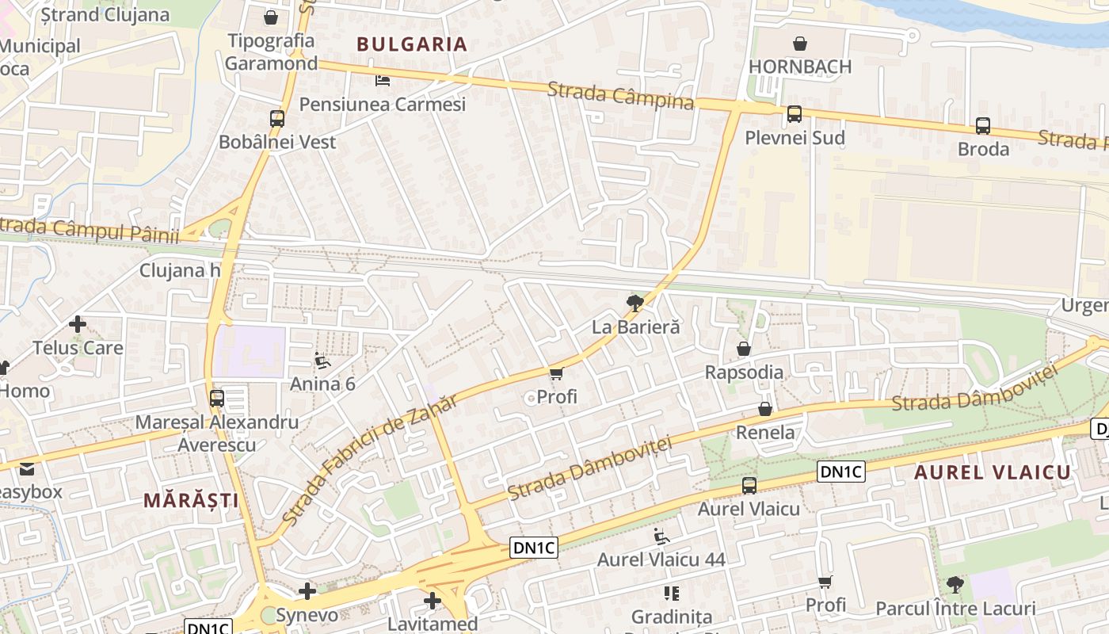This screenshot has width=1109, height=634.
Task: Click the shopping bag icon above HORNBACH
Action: click(800, 44)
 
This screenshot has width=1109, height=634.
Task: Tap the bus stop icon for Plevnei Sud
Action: click(795, 114)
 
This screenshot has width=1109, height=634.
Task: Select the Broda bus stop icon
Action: click(983, 125)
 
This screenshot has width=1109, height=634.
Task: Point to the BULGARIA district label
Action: click(412, 44)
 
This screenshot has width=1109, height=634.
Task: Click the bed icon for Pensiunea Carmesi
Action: click(383, 81)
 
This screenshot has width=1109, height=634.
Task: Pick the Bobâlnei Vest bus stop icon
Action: click(277, 119)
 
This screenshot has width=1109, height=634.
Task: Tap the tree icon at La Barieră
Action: click(635, 303)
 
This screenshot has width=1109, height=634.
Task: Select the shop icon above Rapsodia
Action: click(744, 349)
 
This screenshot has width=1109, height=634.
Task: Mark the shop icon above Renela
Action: click(765, 409)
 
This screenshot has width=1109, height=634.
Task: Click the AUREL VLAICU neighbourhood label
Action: click(993, 473)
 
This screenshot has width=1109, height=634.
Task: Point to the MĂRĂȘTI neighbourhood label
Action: click(191, 500)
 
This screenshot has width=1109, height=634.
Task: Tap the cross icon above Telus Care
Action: click(78, 324)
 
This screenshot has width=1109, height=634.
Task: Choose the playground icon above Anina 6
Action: click(322, 361)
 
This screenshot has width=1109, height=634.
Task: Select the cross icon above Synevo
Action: click(307, 591)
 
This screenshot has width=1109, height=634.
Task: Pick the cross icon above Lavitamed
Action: click(433, 601)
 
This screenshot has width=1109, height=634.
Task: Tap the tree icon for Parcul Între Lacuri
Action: click(955, 585)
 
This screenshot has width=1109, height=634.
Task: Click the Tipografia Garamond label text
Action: click(271, 52)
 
